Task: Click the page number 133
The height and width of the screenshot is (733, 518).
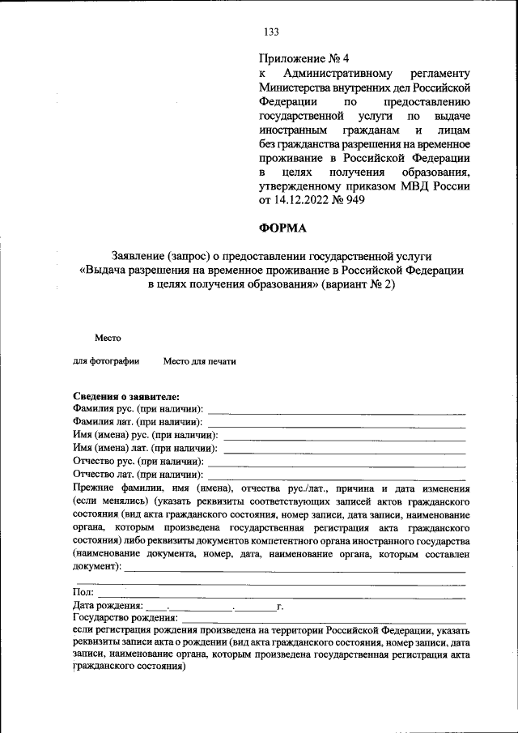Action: [x=271, y=32]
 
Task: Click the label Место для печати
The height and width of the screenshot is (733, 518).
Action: [x=199, y=361]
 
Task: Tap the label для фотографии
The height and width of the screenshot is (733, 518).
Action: [x=106, y=361]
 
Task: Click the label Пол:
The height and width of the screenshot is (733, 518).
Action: [x=83, y=593]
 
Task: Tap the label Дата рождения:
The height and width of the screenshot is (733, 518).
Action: [x=108, y=606]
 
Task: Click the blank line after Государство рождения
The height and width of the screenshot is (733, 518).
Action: [x=324, y=619]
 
